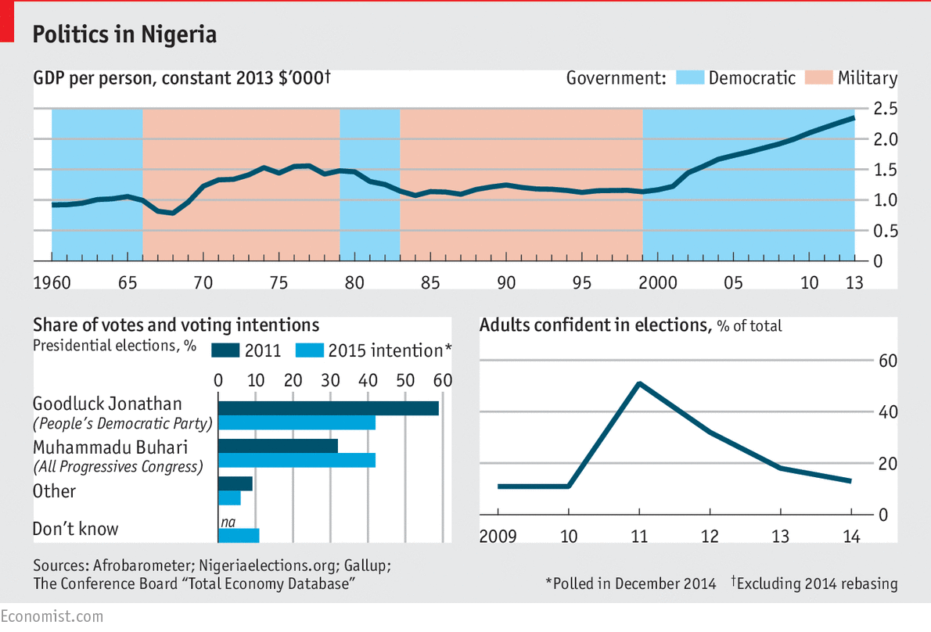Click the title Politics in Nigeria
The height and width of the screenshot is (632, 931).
point(124,35)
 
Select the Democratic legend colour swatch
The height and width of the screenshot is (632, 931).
point(688,78)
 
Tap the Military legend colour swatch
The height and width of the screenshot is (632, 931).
point(817,78)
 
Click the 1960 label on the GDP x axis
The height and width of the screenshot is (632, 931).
point(52,283)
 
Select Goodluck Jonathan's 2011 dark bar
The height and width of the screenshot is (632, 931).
point(328,408)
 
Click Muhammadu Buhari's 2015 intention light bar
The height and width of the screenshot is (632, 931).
point(297,460)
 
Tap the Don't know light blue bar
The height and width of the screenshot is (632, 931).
point(238,536)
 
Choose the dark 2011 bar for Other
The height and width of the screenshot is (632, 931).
point(235,483)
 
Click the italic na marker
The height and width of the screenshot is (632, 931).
point(227,521)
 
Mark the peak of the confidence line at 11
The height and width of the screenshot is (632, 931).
point(639,383)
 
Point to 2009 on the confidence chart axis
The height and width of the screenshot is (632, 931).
point(498,537)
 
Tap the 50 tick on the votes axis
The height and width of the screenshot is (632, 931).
point(404,380)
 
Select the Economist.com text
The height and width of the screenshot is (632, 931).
point(52,616)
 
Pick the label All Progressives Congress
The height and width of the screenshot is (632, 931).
point(117,467)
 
